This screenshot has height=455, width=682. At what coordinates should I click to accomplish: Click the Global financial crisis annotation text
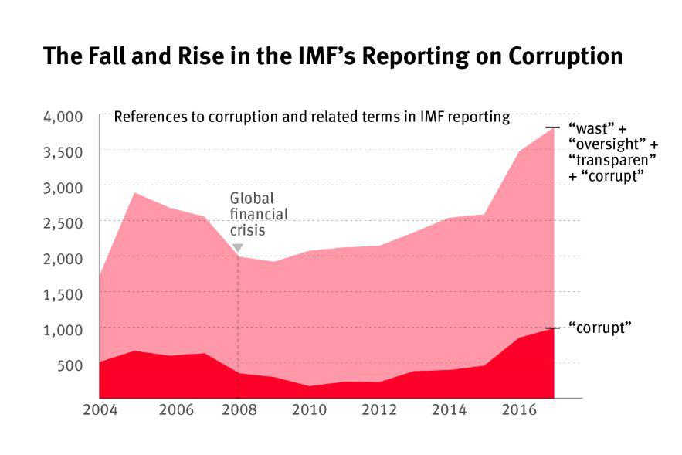point(258,215)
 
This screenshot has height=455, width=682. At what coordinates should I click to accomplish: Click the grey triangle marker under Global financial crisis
point(237,248)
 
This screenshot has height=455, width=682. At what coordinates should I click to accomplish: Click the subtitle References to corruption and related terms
point(311,117)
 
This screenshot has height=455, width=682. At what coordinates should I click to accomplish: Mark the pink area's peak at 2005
point(134,192)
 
